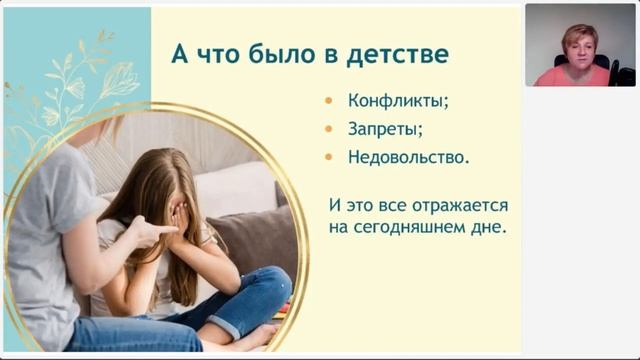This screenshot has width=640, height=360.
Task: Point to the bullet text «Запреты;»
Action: [385, 129]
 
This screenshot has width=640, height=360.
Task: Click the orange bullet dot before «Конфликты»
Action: [331, 102]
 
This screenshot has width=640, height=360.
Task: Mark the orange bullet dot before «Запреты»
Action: [331, 130]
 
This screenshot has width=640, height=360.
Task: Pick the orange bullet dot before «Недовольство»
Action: [331, 158]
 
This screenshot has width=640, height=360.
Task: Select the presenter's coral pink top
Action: [575, 77]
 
